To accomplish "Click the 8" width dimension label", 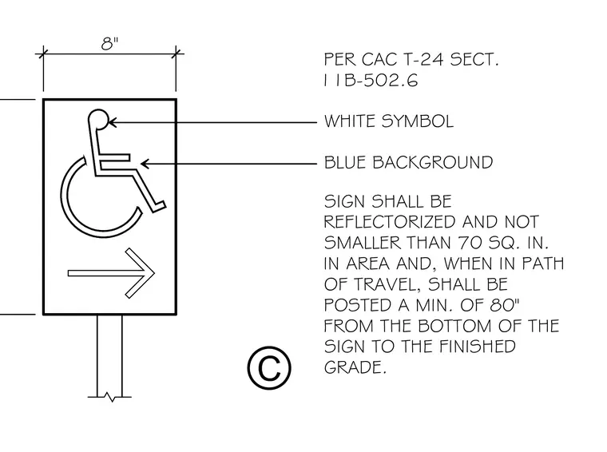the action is pyautogui.click(x=109, y=43).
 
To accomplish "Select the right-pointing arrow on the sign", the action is pyautogui.click(x=112, y=273).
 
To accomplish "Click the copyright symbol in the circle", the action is pyautogui.click(x=269, y=368).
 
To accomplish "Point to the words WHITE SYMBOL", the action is pyautogui.click(x=389, y=121).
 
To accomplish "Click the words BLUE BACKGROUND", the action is pyautogui.click(x=408, y=163).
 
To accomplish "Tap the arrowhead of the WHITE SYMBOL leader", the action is pyautogui.click(x=112, y=122).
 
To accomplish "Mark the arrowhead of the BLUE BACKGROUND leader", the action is pyautogui.click(x=145, y=164).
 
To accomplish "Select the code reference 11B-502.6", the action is pyautogui.click(x=371, y=81).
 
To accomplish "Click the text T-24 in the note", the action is pyautogui.click(x=423, y=60).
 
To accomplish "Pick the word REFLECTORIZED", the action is pyautogui.click(x=390, y=222).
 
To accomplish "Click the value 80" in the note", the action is pyautogui.click(x=505, y=305).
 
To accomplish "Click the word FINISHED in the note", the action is pyautogui.click(x=478, y=347).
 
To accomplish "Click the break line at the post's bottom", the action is pyautogui.click(x=109, y=397).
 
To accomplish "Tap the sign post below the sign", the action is pyautogui.click(x=109, y=355).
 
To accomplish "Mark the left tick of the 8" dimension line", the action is pyautogui.click(x=43, y=54).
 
